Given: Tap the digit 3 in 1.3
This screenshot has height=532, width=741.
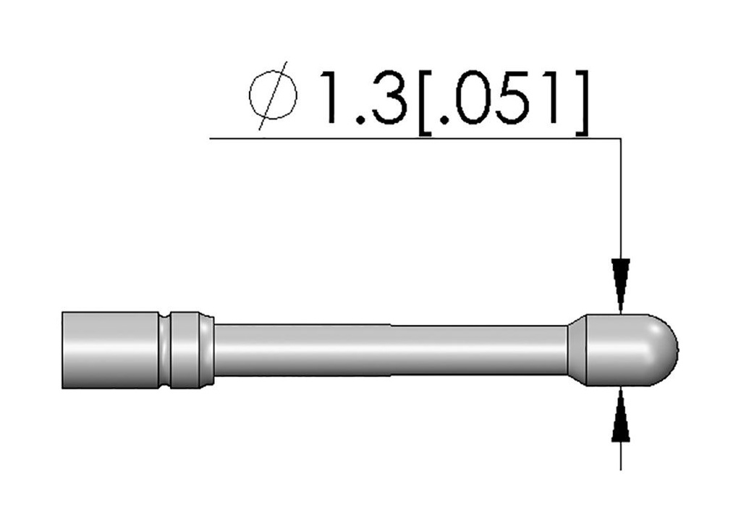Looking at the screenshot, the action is pos(389,98).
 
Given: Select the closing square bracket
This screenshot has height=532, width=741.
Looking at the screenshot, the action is pos(583,103).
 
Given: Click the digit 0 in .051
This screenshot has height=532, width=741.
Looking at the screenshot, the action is pos(473,98).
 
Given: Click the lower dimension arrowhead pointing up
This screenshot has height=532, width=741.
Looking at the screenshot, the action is pos(620,415).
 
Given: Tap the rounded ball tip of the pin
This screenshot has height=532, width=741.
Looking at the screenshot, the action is pos(661,350).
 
